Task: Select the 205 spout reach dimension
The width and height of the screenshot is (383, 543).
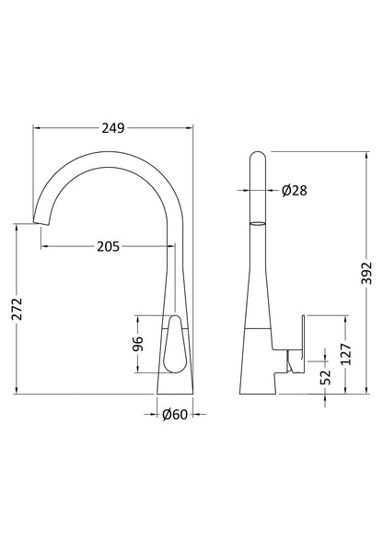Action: tap(109, 246)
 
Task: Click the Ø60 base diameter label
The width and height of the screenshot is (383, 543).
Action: tap(174, 414)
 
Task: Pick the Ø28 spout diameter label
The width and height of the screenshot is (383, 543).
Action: tap(294, 191)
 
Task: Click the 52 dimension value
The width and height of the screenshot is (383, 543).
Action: tap(325, 377)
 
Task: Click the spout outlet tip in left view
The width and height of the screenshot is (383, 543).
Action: tap(38, 221)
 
